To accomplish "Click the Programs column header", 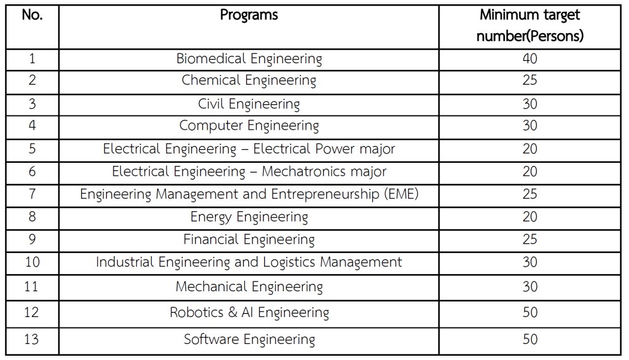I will [249, 15].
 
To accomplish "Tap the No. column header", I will [32, 15].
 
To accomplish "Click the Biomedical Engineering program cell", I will [249, 59].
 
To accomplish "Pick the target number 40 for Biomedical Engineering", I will [529, 59].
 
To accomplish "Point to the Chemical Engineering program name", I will [249, 80].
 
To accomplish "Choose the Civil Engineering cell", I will [249, 103].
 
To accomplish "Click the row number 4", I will [32, 126].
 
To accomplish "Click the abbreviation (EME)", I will [400, 194].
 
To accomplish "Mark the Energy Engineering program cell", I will [249, 217].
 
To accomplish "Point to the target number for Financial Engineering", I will [529, 239].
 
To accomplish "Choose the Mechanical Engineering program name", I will [249, 286].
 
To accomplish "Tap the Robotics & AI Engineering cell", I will [249, 312].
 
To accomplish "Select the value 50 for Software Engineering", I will [529, 339].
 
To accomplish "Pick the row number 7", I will [32, 194].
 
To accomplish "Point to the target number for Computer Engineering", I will [529, 126].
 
